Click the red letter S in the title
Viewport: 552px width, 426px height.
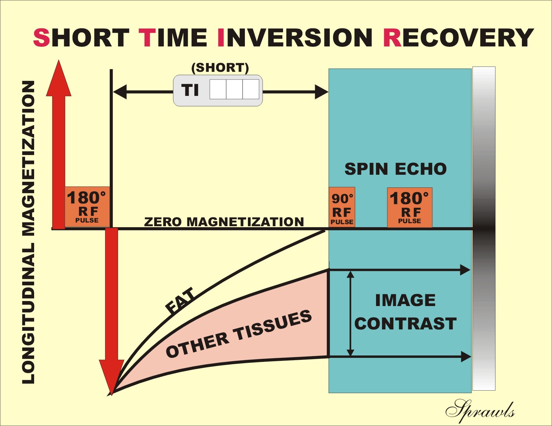click(41, 37)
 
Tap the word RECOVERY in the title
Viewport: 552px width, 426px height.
click(459, 37)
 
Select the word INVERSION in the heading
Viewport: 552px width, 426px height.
click(295, 37)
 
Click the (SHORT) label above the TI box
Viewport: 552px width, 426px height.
click(220, 68)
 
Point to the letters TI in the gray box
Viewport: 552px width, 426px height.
click(190, 90)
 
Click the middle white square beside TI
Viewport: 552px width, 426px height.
click(235, 89)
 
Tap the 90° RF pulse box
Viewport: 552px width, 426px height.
click(342, 207)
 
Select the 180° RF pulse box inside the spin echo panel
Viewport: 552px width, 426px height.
click(409, 207)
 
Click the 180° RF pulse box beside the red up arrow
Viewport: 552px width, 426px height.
click(87, 207)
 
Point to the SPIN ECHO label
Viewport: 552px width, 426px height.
click(395, 169)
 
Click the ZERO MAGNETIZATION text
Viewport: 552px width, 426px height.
click(224, 222)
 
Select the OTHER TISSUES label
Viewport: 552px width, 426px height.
click(239, 334)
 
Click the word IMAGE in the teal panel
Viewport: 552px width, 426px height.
click(405, 300)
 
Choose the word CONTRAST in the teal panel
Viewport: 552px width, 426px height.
click(405, 323)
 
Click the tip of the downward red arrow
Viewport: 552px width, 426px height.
click(111, 395)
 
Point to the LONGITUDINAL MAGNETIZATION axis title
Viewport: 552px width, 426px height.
click(28, 232)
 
